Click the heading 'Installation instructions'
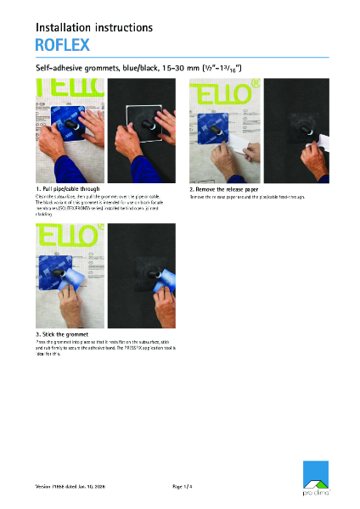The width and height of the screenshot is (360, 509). click(93, 27)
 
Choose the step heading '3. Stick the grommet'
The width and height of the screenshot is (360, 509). click(64, 335)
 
